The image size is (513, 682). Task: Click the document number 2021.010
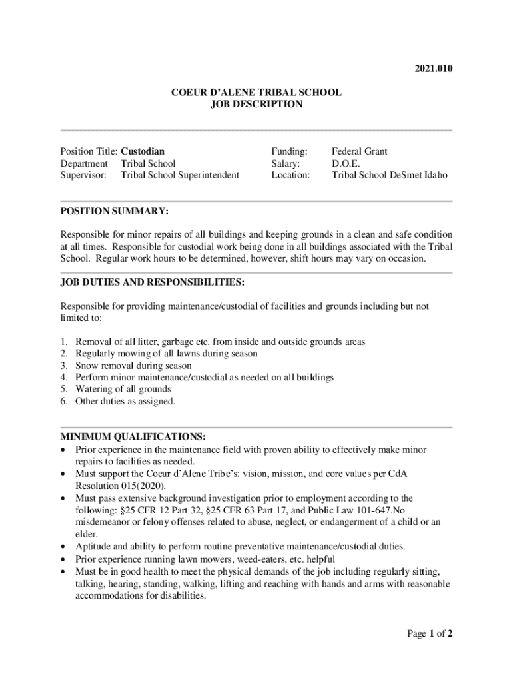(434, 69)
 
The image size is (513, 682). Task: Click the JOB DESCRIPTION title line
(256, 105)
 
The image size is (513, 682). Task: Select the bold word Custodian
(143, 151)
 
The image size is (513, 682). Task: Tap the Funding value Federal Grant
(359, 151)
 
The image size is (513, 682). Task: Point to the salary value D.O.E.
(346, 163)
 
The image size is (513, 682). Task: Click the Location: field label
(290, 175)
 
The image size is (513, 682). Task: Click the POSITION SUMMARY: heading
(114, 211)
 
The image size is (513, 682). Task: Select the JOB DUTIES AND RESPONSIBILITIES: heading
(153, 282)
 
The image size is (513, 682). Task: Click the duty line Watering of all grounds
(123, 389)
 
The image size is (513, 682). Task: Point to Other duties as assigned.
(125, 401)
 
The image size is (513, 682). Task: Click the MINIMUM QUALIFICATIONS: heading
(133, 437)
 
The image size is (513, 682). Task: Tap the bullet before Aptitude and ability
(63, 547)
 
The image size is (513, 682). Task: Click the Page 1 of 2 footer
(430, 633)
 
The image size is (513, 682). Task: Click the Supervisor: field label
(83, 175)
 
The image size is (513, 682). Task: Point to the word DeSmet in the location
(406, 175)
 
